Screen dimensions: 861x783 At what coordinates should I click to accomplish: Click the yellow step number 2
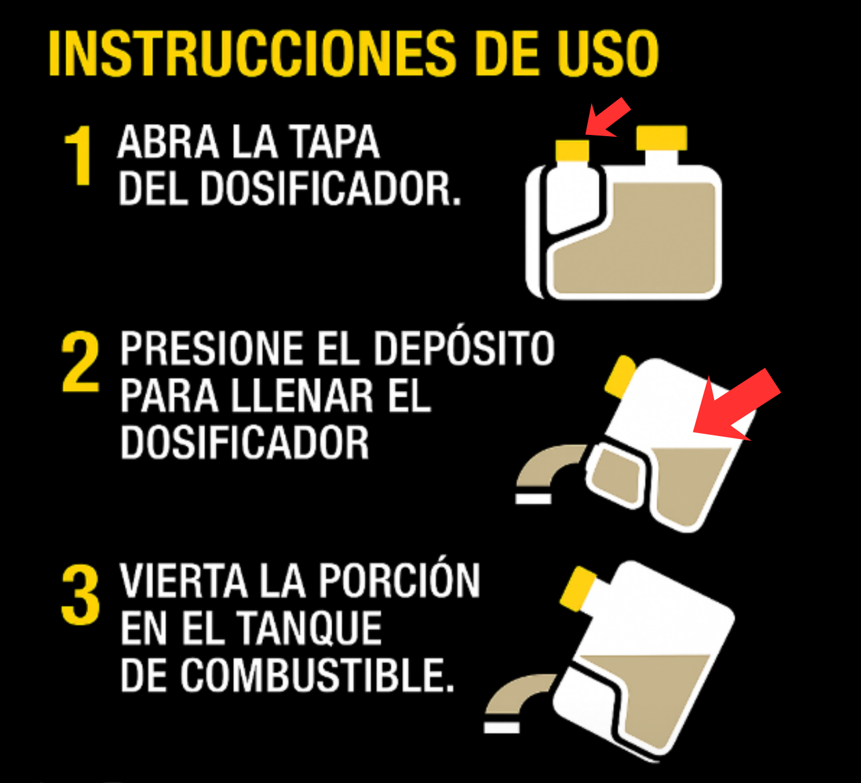tap(81, 361)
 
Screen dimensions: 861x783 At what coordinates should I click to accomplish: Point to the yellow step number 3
tap(81, 594)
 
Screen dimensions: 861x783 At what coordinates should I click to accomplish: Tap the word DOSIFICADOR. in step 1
tap(331, 189)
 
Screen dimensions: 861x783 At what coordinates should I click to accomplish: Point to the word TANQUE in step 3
tap(309, 629)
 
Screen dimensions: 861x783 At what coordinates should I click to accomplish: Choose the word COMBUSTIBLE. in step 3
tap(317, 675)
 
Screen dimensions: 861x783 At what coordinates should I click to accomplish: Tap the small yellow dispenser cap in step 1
tap(572, 151)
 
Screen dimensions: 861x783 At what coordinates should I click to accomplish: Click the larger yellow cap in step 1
tap(661, 138)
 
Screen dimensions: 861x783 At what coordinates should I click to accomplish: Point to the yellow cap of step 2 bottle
tap(620, 376)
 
